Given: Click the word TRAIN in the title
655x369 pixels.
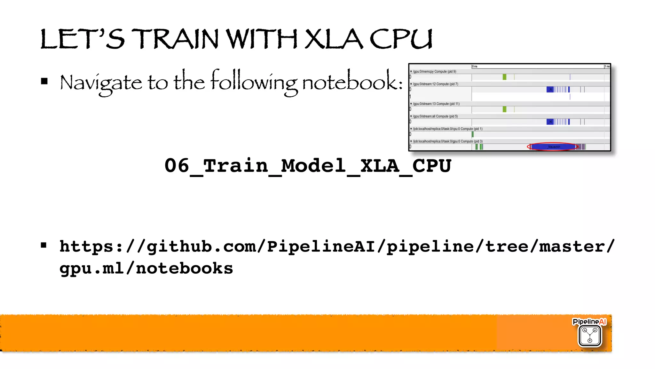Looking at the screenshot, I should [x=175, y=39].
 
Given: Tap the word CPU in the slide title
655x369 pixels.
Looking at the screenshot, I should [x=401, y=39].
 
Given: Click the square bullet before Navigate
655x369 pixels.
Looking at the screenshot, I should [x=44, y=81].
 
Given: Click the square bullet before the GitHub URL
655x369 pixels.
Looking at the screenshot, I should [x=44, y=245].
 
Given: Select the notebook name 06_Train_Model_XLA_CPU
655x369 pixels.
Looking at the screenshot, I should [x=308, y=166].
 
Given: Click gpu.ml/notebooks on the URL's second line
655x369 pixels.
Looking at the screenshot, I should [x=146, y=268].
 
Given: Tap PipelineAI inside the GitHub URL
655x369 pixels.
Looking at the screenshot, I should [x=320, y=246].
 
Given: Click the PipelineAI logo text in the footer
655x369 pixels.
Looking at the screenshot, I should [x=589, y=322].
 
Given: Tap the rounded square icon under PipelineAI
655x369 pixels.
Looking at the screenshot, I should [x=590, y=336].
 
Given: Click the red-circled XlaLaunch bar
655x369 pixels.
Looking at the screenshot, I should [x=553, y=147].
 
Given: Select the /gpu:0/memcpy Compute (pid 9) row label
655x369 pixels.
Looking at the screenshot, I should [x=434, y=71].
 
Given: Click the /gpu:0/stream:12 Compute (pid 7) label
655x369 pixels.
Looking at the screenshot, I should [x=435, y=84].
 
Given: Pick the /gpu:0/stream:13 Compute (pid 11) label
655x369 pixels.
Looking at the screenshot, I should [x=436, y=104].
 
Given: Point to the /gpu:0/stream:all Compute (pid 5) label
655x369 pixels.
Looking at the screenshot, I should [x=435, y=116].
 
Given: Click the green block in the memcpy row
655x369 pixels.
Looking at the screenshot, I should [x=504, y=77].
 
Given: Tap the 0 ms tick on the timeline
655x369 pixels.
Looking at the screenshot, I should [x=475, y=66].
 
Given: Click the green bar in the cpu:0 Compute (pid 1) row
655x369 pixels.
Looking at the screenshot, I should [x=473, y=134].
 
